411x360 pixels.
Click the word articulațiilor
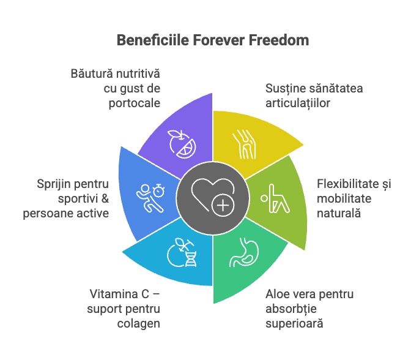coord(298,103)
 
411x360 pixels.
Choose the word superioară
coord(294,323)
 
